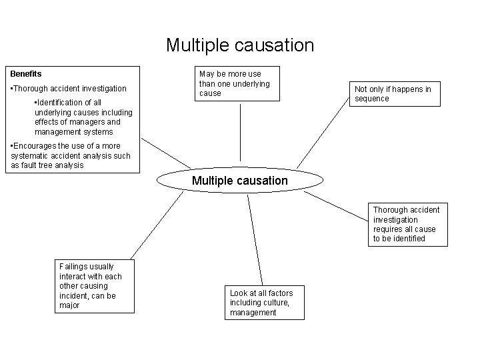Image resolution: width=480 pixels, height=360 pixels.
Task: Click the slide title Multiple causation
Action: tap(239, 45)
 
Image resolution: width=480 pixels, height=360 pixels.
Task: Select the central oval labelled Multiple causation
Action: tap(239, 181)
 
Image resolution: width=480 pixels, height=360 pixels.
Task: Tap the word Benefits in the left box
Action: tap(26, 74)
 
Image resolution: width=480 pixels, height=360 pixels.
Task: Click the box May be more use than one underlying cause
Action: tap(238, 83)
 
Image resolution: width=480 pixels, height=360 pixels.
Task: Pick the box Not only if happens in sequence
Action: tap(395, 94)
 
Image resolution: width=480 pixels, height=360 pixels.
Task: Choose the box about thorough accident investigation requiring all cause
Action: tap(408, 224)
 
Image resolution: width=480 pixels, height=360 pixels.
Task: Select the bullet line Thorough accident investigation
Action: tap(70, 89)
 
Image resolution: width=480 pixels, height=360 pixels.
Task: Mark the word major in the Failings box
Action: tap(69, 305)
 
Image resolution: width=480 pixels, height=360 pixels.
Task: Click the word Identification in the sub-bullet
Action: tap(59, 103)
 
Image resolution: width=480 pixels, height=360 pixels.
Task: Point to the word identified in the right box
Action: tap(409, 238)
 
